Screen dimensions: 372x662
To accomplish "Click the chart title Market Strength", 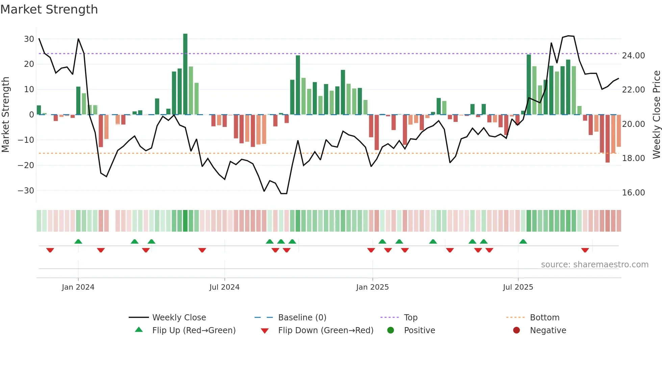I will (x=49, y=9).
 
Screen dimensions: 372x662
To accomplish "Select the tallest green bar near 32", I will (x=185, y=74).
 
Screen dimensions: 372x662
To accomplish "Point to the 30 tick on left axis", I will (x=29, y=39).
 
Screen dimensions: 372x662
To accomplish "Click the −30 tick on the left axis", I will (x=26, y=190).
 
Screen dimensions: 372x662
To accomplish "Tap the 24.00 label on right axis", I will (x=633, y=55).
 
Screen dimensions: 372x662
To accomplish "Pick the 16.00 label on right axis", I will (x=633, y=192).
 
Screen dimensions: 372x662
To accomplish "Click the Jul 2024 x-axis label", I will (x=224, y=287).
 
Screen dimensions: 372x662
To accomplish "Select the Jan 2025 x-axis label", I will (x=372, y=287).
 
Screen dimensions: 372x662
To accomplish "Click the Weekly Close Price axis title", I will (x=656, y=115).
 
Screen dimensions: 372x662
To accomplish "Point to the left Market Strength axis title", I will (x=5, y=115).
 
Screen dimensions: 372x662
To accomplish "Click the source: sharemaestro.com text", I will (x=594, y=264).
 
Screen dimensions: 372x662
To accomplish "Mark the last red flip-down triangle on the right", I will (x=585, y=250).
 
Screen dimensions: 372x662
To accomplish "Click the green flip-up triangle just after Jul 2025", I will (x=523, y=241).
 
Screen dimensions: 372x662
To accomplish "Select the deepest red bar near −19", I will (x=607, y=138).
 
